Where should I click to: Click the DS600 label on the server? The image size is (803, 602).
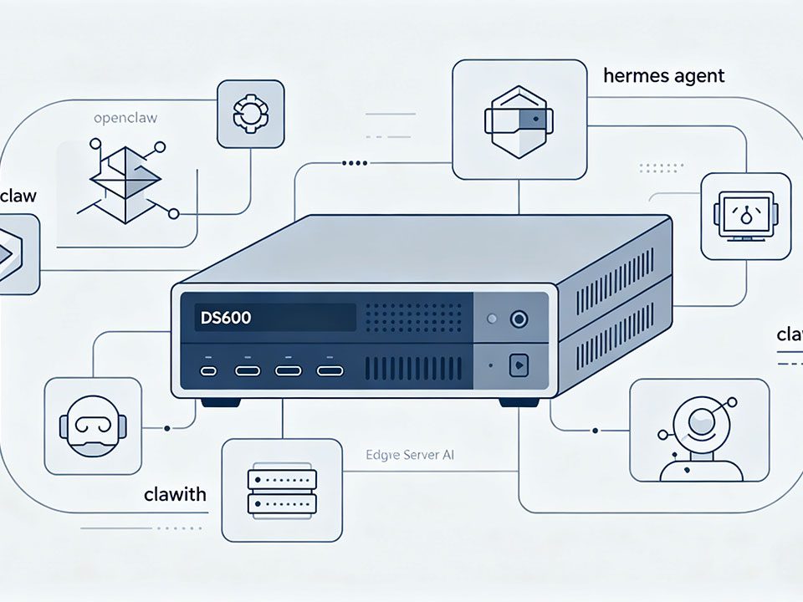pos(226,318)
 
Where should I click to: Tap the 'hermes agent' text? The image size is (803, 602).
pos(663,76)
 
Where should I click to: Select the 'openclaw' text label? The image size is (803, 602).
pos(125,119)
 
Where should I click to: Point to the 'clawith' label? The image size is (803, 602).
pos(176,494)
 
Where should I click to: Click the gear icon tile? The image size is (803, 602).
pos(250,113)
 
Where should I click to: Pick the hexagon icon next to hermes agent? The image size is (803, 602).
pos(518,120)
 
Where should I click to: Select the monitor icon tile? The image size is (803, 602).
pos(744,217)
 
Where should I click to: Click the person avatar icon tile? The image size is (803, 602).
pos(698,430)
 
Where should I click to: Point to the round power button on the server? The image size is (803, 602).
pos(519,319)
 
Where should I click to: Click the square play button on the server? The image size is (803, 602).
pos(519,365)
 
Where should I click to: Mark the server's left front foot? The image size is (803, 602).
pos(220,402)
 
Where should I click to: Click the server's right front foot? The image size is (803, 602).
pos(519,402)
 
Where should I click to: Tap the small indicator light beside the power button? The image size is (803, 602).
pos(492,319)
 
